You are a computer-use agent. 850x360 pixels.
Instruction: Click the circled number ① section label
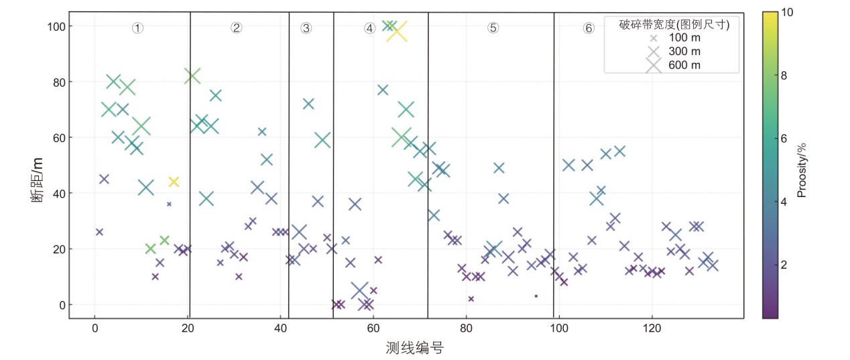(x=137, y=28)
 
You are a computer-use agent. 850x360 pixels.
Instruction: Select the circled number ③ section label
(x=306, y=28)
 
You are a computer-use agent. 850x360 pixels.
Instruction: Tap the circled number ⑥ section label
(x=589, y=28)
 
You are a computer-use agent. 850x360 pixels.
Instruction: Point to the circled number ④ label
(x=370, y=28)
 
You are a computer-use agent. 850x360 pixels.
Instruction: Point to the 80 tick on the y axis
(x=57, y=82)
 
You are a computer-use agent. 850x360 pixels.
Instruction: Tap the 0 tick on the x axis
(x=95, y=330)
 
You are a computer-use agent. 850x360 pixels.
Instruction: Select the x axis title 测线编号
(x=415, y=348)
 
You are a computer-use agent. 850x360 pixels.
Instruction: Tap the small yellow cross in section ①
(x=174, y=182)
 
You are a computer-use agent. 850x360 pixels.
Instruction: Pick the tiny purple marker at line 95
(x=536, y=296)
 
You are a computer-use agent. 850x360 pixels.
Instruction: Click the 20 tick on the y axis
(x=57, y=249)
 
